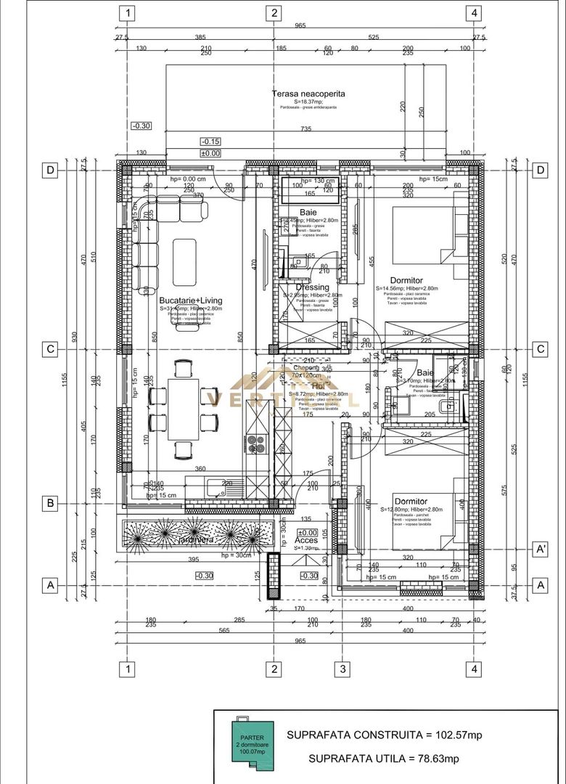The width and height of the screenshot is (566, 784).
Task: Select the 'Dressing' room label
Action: pos(312,287)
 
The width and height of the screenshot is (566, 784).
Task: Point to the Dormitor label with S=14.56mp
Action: pos(406,280)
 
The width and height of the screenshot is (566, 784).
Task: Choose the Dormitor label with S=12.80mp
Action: pos(411,501)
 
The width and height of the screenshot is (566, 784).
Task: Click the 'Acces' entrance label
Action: pos(305,540)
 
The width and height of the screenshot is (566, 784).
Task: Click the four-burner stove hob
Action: pos(257,442)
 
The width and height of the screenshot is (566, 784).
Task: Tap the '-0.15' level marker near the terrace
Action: pos(211,142)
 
